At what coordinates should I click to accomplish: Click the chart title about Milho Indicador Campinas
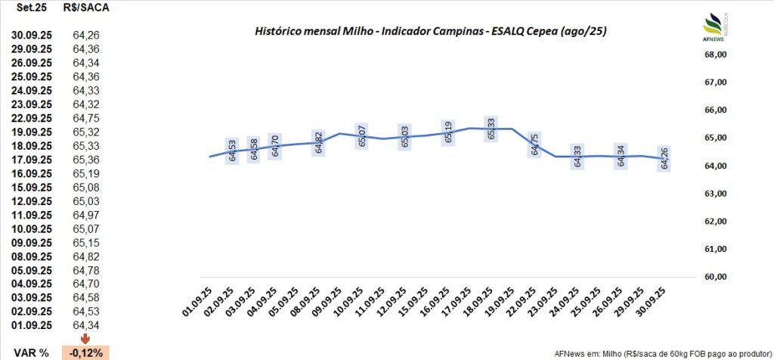click(x=431, y=31)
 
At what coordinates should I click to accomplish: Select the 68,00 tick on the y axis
click(x=715, y=54)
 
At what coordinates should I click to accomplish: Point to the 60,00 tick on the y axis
click(x=715, y=277)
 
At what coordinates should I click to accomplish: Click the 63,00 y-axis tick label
click(x=715, y=194)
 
